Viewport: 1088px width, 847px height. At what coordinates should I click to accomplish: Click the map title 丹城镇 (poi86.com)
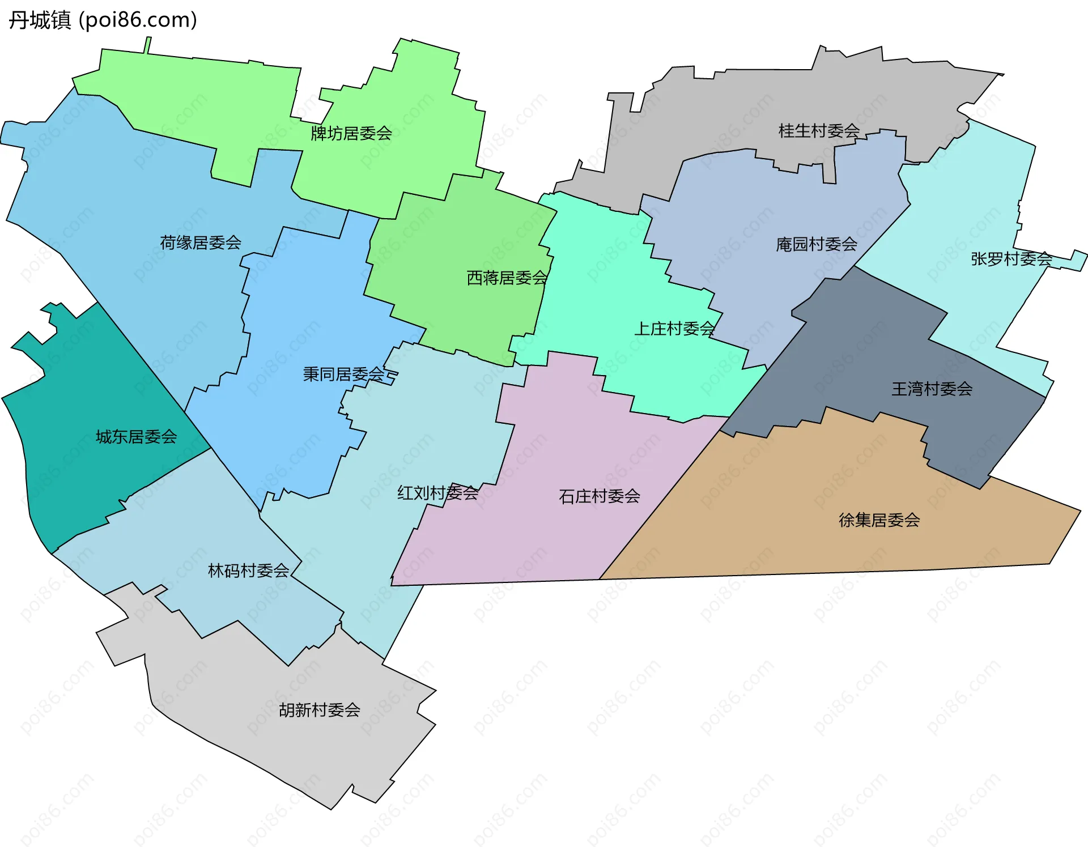pos(103,20)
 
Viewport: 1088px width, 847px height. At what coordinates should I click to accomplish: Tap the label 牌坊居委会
pos(351,134)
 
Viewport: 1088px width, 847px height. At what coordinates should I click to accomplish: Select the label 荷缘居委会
pos(201,243)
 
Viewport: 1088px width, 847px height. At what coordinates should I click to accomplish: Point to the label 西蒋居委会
pos(507,278)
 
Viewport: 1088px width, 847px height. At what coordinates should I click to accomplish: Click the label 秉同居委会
pos(343,374)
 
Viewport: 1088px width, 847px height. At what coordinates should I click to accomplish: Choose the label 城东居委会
pos(136,437)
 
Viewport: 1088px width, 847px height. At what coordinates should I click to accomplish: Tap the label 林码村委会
pos(248,571)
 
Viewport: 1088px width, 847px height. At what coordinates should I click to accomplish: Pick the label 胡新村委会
pos(319,710)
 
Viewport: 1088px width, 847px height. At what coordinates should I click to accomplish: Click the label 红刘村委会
pos(437,493)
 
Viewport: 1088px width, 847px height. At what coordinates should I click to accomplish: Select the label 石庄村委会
pos(599,496)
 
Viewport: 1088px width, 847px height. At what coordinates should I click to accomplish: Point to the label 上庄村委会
pos(674,329)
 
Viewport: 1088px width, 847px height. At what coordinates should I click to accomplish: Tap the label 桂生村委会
pos(819,131)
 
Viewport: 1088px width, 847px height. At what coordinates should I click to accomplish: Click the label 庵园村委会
pos(816,244)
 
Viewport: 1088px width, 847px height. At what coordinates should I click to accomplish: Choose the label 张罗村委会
pos(1011,259)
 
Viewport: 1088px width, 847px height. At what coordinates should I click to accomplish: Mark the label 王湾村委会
pos(932,389)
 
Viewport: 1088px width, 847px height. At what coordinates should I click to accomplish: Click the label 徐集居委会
pos(879,520)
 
